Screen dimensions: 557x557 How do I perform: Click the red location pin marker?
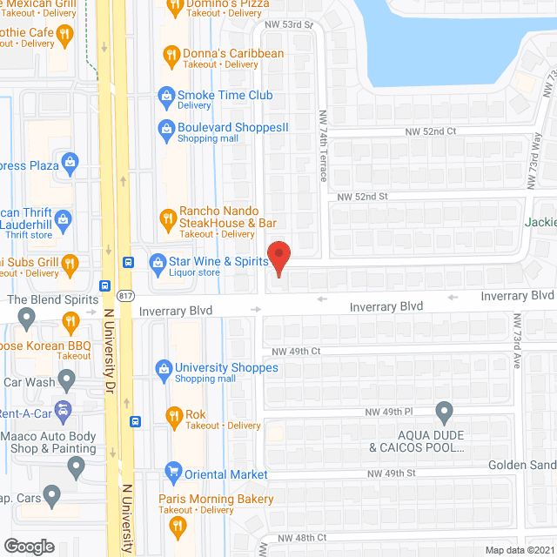pyautogui.click(x=278, y=258)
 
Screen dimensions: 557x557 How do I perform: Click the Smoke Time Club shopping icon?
pyautogui.click(x=165, y=95)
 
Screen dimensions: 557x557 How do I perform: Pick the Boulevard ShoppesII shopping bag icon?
pyautogui.click(x=165, y=129)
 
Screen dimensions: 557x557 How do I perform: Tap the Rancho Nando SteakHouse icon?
pyautogui.click(x=168, y=216)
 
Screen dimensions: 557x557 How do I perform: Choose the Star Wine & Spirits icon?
pyautogui.click(x=158, y=261)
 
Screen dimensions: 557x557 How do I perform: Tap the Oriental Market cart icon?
pyautogui.click(x=172, y=474)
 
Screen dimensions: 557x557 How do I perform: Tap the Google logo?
pyautogui.click(x=29, y=546)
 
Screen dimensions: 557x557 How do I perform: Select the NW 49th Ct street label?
pyautogui.click(x=298, y=351)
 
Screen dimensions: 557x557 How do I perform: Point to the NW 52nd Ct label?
pyautogui.click(x=430, y=131)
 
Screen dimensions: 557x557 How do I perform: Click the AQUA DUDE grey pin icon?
pyautogui.click(x=445, y=411)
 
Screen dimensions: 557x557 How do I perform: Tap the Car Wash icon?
pyautogui.click(x=65, y=381)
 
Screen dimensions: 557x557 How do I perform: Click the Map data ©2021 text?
pyautogui.click(x=519, y=549)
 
